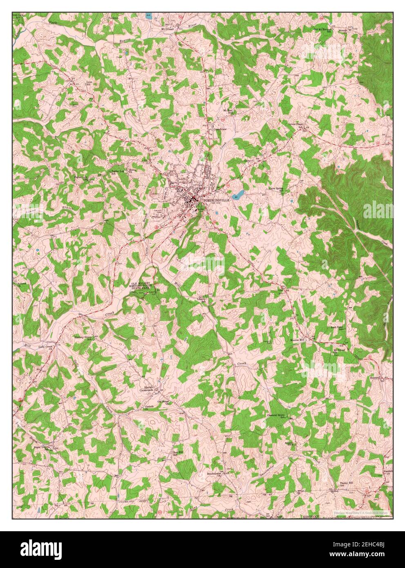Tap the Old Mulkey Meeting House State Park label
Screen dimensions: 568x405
click(x=140, y=286)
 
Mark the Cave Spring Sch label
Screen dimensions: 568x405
click(x=276, y=190)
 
